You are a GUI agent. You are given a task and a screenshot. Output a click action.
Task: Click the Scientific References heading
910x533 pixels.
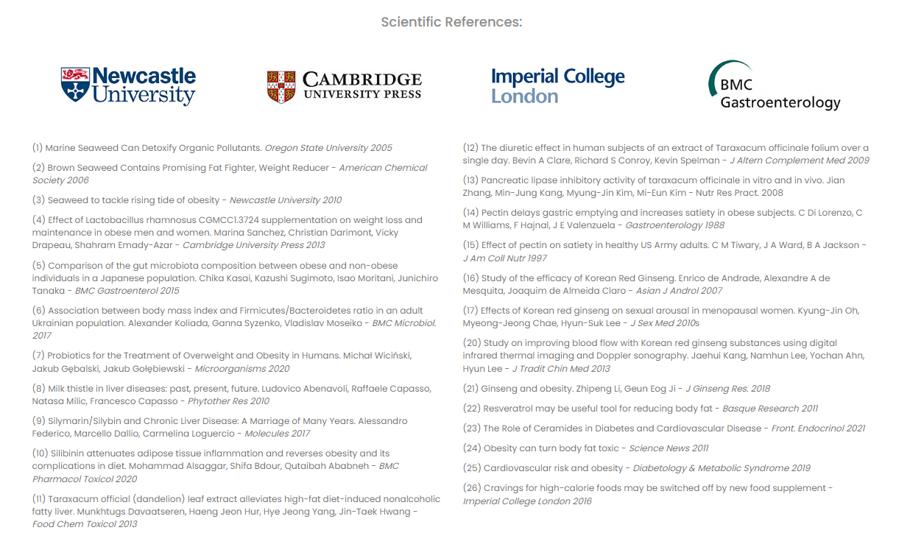[451, 22]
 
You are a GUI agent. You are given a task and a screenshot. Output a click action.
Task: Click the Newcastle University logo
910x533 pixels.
[128, 86]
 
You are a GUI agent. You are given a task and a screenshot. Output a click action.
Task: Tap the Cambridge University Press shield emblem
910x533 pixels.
[281, 87]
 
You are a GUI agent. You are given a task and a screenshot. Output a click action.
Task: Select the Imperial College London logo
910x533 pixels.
[557, 85]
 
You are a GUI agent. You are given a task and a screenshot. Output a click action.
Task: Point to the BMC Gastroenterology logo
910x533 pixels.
[774, 86]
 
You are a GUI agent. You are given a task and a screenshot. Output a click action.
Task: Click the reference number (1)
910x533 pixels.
[38, 148]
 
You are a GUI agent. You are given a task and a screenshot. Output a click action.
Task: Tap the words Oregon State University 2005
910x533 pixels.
[328, 148]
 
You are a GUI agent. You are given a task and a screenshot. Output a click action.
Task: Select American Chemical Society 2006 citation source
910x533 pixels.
[230, 174]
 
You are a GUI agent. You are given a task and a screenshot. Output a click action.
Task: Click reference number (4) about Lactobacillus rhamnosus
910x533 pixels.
[38, 220]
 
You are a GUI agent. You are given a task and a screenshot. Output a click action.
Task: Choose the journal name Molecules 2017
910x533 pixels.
[277, 434]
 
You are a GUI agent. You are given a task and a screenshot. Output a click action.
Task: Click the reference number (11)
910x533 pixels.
[40, 499]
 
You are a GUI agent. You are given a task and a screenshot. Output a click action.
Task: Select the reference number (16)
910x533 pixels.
[470, 278]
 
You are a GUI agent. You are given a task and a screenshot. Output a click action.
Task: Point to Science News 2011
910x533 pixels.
[669, 448]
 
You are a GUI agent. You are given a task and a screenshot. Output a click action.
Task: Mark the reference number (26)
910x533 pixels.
[472, 488]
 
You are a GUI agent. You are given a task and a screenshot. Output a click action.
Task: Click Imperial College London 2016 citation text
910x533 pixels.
[527, 501]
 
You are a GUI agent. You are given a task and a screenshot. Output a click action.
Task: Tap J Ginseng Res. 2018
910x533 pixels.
[728, 389]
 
